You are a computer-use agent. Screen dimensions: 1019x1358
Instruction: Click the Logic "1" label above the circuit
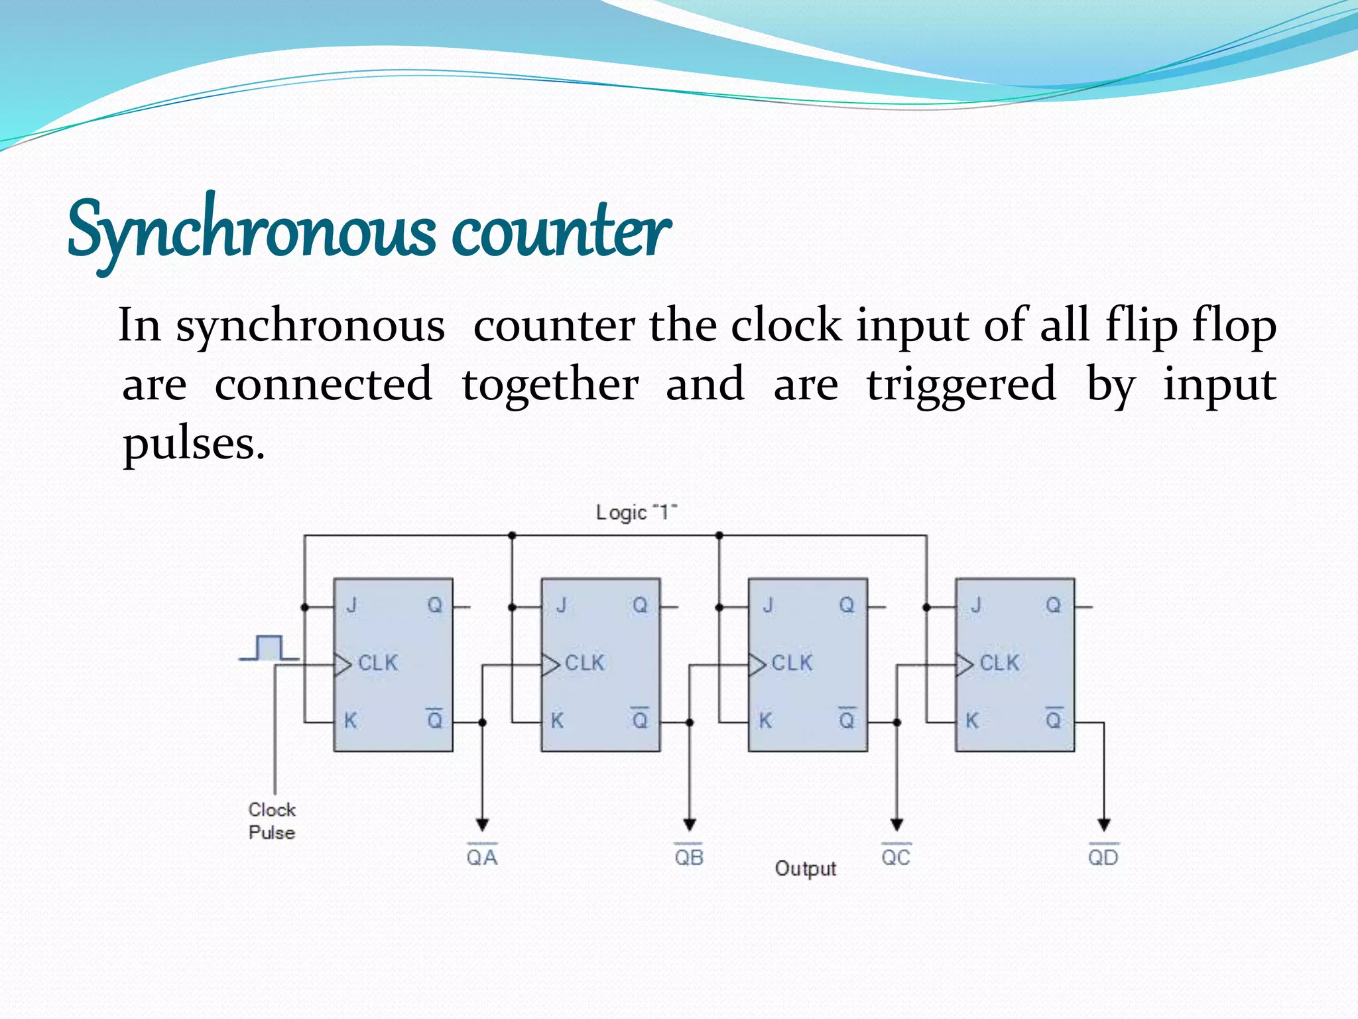click(x=636, y=512)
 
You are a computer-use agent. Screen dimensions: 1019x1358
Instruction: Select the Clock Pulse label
click(x=272, y=821)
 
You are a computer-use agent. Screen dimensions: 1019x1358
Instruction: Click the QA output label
click(x=482, y=857)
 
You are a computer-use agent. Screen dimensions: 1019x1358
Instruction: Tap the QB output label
click(x=689, y=857)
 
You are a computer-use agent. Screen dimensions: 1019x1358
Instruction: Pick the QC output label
click(x=896, y=857)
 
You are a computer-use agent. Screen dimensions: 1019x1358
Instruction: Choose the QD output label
click(x=1103, y=857)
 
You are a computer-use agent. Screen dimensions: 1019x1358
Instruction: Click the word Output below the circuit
click(x=806, y=868)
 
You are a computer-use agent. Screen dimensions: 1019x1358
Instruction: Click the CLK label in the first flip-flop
click(x=378, y=663)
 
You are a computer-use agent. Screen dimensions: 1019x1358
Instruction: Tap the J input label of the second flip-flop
click(x=561, y=605)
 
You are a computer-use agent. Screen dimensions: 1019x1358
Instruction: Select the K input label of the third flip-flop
click(x=765, y=720)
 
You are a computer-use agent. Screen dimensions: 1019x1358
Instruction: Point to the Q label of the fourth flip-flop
click(x=1053, y=605)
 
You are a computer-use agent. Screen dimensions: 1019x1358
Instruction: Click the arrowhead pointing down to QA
click(x=483, y=825)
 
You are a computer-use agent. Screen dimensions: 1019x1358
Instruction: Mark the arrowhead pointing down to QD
click(x=1104, y=825)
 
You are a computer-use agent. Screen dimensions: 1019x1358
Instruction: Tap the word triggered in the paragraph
click(x=961, y=385)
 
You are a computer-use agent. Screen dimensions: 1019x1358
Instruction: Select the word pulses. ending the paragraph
click(x=194, y=443)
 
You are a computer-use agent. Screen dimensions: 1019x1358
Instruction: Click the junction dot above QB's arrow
click(x=690, y=722)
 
